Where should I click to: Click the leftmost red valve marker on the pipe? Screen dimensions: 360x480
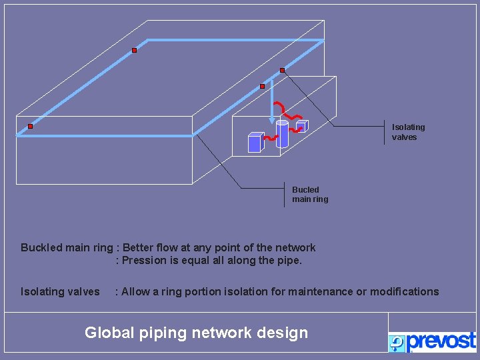(30, 126)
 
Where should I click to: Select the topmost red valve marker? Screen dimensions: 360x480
(134, 51)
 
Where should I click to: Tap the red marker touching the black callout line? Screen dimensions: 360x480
(282, 70)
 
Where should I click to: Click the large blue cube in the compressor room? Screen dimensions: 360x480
(255, 142)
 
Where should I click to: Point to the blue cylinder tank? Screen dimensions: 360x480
(282, 133)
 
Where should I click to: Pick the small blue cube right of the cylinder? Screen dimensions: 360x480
(301, 126)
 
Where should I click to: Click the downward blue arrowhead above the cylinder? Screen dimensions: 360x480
(272, 120)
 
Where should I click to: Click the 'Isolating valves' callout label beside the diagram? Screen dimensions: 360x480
(408, 132)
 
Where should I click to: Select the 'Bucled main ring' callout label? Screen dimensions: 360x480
(310, 194)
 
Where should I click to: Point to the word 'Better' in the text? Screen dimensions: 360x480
(139, 248)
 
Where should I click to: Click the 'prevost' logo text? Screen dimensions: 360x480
(441, 341)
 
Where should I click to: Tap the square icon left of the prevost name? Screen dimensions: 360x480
(397, 343)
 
